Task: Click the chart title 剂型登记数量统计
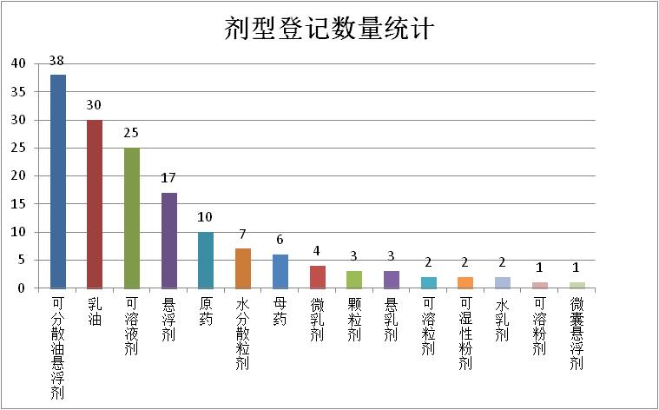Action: (x=329, y=29)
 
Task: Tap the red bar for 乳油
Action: (x=95, y=203)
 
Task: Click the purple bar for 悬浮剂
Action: (x=169, y=240)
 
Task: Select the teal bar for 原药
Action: (x=206, y=260)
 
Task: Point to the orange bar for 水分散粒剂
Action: (x=243, y=268)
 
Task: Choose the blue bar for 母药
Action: (x=280, y=271)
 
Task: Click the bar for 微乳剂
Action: (x=318, y=276)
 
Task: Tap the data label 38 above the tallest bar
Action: (x=57, y=61)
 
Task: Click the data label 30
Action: (x=95, y=105)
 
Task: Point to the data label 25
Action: (x=132, y=134)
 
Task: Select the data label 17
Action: (x=169, y=178)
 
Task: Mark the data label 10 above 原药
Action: (x=205, y=217)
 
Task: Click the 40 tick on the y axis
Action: (x=19, y=63)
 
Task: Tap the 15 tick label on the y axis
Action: (x=19, y=203)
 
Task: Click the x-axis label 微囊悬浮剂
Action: (x=577, y=334)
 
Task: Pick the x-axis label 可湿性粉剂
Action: (x=465, y=334)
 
